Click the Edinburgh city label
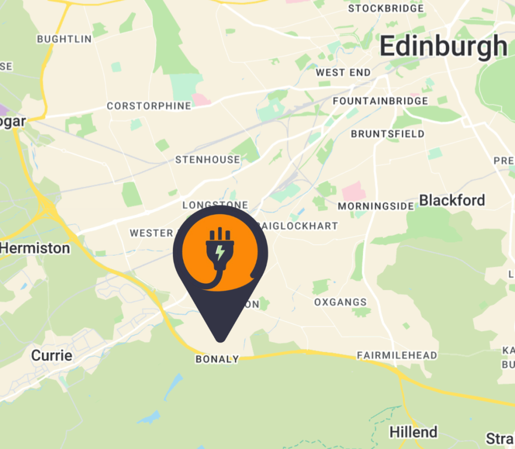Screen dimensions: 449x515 point(443,46)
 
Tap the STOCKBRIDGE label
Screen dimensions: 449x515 point(386,9)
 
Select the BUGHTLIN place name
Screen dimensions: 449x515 point(64,39)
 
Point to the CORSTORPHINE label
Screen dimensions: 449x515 point(149,106)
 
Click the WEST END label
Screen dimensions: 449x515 point(344,73)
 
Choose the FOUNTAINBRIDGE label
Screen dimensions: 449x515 point(380,101)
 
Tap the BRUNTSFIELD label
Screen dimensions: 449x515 point(387,134)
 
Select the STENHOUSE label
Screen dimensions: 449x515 point(208,160)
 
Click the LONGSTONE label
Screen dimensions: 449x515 point(215,205)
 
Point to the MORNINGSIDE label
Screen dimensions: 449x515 point(376,206)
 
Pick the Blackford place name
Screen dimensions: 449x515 point(452,200)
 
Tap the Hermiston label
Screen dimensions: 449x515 point(35,248)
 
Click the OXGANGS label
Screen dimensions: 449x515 point(340,302)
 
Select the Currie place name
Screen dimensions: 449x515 point(52,356)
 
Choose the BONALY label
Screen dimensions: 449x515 point(217,359)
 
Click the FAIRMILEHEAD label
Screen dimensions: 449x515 point(397,356)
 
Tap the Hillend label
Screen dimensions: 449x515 point(413,432)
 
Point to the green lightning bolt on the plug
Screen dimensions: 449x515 point(220,252)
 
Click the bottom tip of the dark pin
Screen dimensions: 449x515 point(220,341)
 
